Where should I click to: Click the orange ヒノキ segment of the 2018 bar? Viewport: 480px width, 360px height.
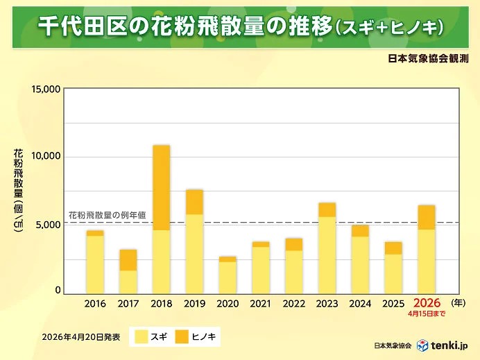point(161,187)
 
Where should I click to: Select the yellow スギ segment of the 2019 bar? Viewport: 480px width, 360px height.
point(194,254)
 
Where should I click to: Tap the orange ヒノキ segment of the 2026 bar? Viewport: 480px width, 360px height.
point(427,217)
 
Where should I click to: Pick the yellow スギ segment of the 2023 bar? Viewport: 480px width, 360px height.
point(327,255)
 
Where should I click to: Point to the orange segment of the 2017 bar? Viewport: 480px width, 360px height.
point(128,260)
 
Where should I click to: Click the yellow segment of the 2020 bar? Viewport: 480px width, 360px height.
point(228,277)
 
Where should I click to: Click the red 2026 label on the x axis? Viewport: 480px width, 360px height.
point(427,303)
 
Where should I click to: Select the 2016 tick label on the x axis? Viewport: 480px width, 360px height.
point(95,304)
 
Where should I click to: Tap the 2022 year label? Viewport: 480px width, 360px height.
point(294,304)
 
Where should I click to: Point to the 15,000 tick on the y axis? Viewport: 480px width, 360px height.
point(46,89)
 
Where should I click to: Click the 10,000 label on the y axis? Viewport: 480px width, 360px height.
point(46,157)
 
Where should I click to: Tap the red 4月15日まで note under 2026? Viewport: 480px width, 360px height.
point(427,314)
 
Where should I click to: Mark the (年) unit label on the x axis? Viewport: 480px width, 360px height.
point(458,303)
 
